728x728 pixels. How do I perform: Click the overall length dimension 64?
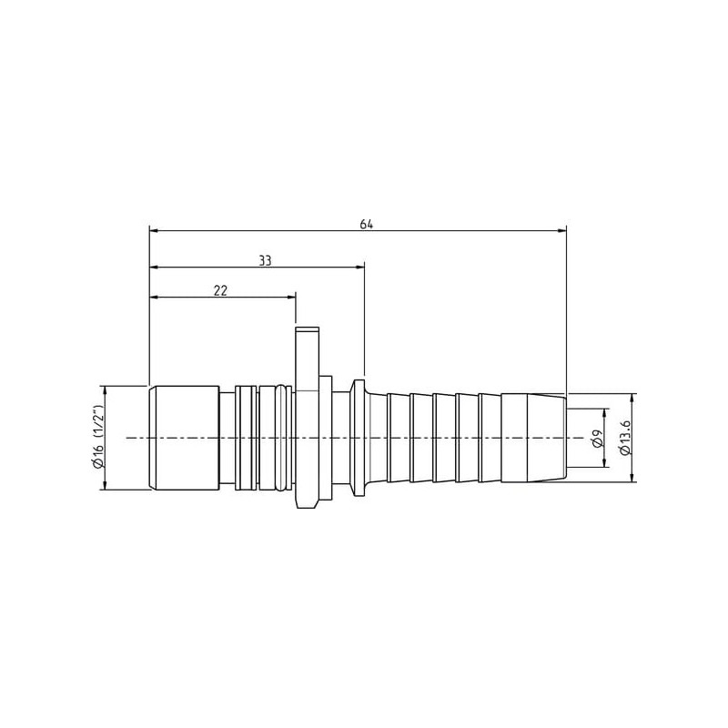click(x=367, y=224)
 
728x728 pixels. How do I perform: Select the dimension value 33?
click(x=265, y=261)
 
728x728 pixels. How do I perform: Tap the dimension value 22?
click(x=220, y=291)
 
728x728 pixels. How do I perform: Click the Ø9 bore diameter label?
click(x=598, y=438)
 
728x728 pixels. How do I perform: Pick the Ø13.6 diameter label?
click(x=625, y=438)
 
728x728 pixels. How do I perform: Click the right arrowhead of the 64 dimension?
click(x=562, y=230)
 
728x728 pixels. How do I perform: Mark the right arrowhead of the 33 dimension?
click(x=359, y=267)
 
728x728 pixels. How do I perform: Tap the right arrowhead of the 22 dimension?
click(x=291, y=297)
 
